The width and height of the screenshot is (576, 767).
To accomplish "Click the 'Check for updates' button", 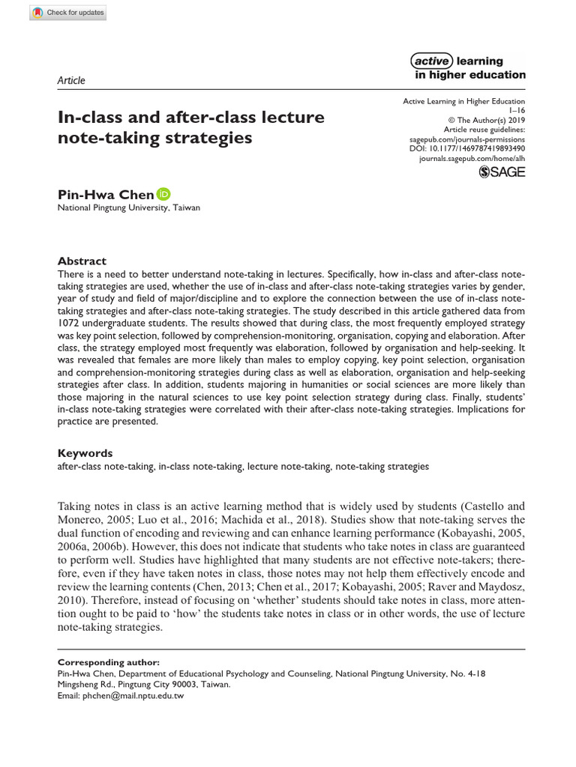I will [68, 13].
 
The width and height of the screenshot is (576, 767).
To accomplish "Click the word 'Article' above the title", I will [71, 80].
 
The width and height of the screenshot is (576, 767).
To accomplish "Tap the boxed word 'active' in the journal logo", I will [431, 61].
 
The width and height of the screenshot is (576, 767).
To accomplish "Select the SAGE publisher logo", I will [502, 172].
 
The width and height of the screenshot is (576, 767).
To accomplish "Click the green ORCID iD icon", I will [163, 194].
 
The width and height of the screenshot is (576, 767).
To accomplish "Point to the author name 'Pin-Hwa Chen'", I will [106, 195].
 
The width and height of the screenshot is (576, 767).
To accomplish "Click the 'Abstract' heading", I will [82, 261].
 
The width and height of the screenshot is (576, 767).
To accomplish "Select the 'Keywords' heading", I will [85, 453].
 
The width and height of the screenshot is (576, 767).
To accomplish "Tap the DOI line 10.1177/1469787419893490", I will [467, 148].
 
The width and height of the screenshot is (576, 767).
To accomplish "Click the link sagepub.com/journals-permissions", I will [467, 139].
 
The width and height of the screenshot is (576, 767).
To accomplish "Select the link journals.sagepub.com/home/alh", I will [472, 159].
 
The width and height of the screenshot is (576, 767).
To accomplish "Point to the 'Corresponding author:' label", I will [108, 662].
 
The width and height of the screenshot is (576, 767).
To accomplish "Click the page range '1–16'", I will [517, 110].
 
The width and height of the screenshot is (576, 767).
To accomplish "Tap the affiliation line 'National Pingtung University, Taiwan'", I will [129, 208].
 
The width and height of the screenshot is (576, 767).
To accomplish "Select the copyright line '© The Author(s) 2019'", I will [487, 120].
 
